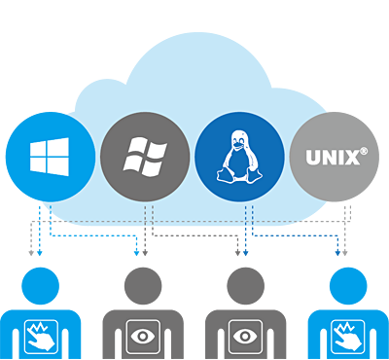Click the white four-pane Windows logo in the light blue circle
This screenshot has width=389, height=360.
[x=48, y=157]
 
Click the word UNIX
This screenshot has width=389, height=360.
[x=330, y=157]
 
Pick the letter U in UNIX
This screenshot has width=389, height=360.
[x=313, y=157]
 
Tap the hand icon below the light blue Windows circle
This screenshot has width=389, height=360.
[x=41, y=336]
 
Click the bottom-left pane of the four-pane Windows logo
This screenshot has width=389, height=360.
[x=38, y=164]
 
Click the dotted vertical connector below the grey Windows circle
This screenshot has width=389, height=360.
[x=149, y=216]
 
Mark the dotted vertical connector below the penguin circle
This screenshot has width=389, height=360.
[x=247, y=216]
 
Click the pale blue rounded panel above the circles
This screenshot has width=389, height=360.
[x=194, y=68]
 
